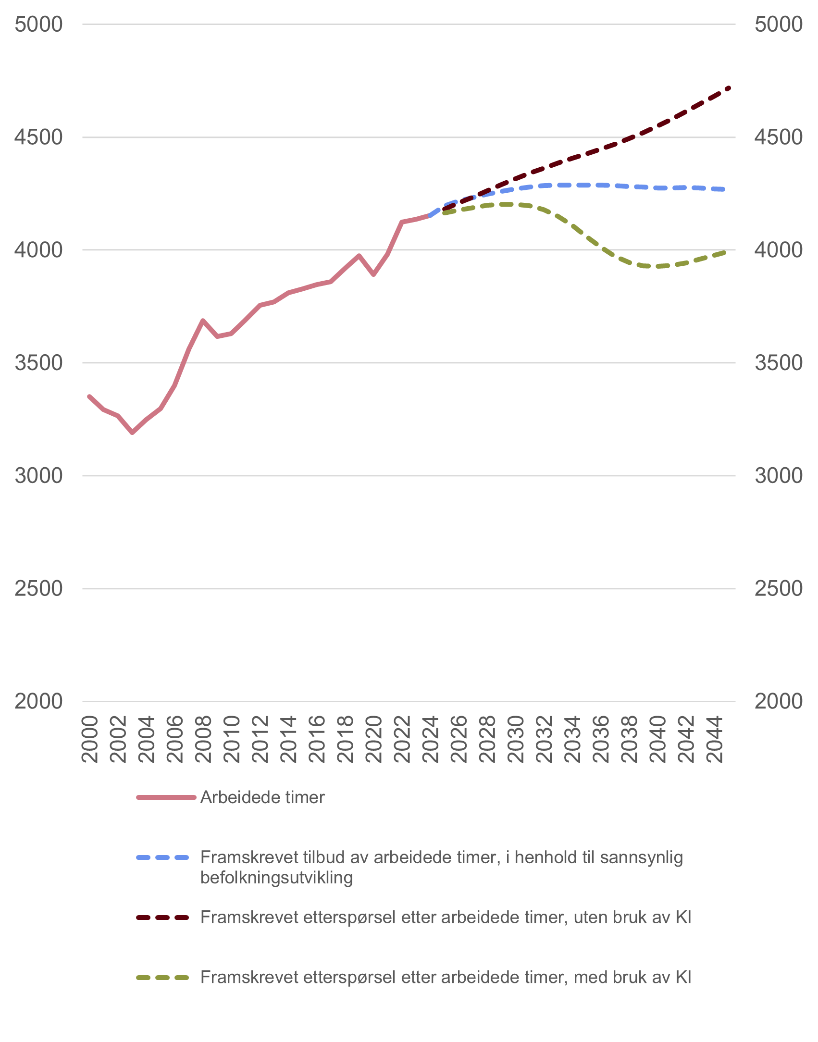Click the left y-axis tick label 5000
point(38,25)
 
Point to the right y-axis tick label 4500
point(778,137)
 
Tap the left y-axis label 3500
point(38,363)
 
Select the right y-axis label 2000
point(778,701)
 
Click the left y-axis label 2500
point(38,588)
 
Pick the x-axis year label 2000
point(90,739)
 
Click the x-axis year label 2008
point(203,739)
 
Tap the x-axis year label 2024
point(431,739)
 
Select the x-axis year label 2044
point(715,739)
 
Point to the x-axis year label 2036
point(601,739)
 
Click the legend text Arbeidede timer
point(262,797)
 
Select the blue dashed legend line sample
point(163,857)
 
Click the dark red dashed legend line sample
point(163,918)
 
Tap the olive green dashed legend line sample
point(163,978)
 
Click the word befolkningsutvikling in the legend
point(276,878)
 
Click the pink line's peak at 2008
point(203,320)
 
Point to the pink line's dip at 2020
point(373,275)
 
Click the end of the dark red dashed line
point(729,87)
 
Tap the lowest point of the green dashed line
point(656,266)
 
